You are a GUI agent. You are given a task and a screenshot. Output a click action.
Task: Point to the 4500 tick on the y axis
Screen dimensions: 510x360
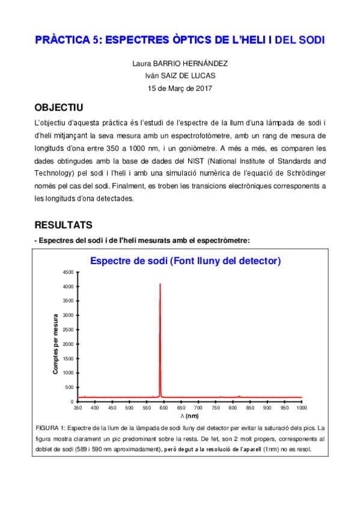coord(67,272)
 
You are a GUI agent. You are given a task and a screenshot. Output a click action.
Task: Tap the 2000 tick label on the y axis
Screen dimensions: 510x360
coord(67,344)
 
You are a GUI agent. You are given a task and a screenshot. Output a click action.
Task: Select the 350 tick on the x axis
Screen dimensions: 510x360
coord(78,408)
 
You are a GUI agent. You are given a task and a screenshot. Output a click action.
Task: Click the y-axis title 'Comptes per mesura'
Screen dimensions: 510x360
coord(56,343)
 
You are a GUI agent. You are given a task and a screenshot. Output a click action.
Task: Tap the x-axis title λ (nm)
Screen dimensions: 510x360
coord(189,416)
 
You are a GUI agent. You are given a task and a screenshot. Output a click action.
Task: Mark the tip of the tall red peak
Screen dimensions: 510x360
coord(160,284)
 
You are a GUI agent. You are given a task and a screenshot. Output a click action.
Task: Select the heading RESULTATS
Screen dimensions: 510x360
coord(63,224)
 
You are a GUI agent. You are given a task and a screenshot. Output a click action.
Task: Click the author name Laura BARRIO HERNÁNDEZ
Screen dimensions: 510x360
coord(180,63)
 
